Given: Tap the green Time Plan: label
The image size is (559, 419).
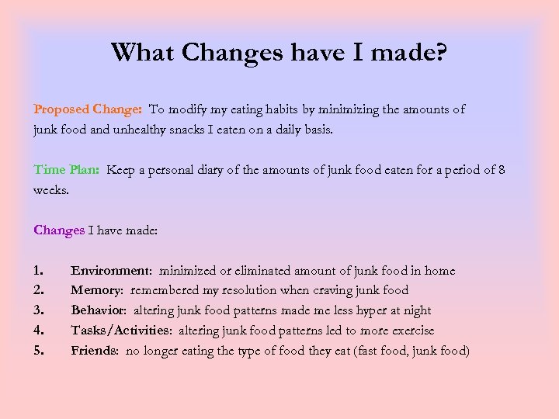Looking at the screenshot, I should click(x=67, y=170).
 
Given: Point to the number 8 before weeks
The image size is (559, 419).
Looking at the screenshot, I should click(x=501, y=170).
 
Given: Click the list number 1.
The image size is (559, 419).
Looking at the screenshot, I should click(x=39, y=271).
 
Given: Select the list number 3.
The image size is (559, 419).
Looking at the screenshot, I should click(x=39, y=310).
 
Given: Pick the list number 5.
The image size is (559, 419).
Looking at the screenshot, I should click(x=39, y=351).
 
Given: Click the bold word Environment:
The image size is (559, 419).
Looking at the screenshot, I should click(x=112, y=271).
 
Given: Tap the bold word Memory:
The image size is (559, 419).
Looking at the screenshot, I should click(x=98, y=290).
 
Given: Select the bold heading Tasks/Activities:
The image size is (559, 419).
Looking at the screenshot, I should click(x=121, y=331).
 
